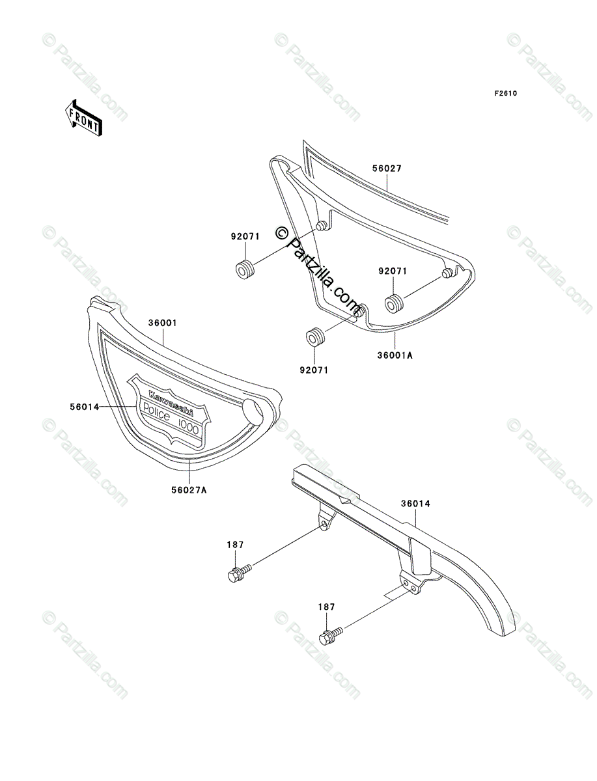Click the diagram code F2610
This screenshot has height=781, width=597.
[x=505, y=94]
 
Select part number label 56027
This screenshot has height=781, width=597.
[x=387, y=169]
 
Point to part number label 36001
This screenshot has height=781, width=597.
[x=163, y=323]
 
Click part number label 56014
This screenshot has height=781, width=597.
[x=85, y=407]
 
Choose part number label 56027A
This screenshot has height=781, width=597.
[x=172, y=489]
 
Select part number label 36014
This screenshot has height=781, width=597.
[x=415, y=503]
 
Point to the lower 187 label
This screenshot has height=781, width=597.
[x=327, y=607]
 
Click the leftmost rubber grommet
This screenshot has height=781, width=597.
[x=245, y=268]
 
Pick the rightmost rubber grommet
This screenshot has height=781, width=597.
[x=394, y=304]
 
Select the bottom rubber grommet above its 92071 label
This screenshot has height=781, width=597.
[x=315, y=338]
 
